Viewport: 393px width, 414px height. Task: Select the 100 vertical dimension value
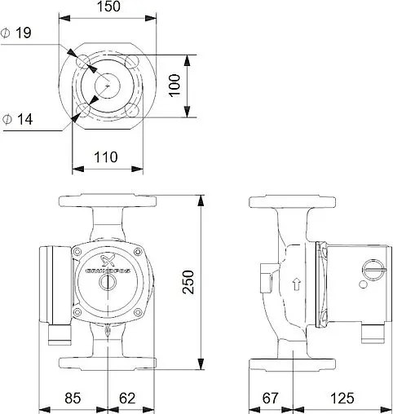tap(174, 86)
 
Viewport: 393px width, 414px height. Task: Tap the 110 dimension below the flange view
tap(106, 156)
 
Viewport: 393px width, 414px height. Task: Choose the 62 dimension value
tap(126, 399)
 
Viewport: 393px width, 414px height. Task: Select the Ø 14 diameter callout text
tap(19, 120)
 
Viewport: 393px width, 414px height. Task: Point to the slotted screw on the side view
tap(371, 268)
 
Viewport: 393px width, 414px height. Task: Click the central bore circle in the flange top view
tap(108, 86)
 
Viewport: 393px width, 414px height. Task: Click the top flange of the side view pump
tap(283, 201)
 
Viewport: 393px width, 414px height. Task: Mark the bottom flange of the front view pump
tap(107, 362)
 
